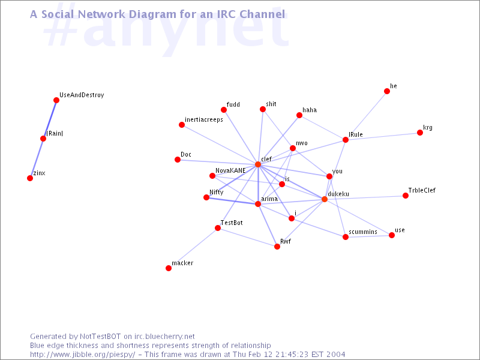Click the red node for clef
click(258, 164)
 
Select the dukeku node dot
click(325, 199)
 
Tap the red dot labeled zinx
click(30, 178)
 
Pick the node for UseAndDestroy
click(56, 100)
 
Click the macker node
click(169, 268)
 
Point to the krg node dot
click(420, 133)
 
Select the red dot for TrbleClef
click(406, 196)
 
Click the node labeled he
click(387, 91)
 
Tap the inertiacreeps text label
click(204, 119)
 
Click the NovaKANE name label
click(230, 170)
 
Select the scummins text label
click(363, 232)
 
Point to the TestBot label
click(232, 223)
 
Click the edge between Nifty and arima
click(232, 200)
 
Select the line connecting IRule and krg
click(383, 136)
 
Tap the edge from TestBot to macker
click(193, 248)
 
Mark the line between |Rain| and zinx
click(37, 158)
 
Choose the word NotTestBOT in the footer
click(100, 337)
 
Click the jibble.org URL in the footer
click(82, 355)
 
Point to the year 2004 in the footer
click(335, 355)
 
